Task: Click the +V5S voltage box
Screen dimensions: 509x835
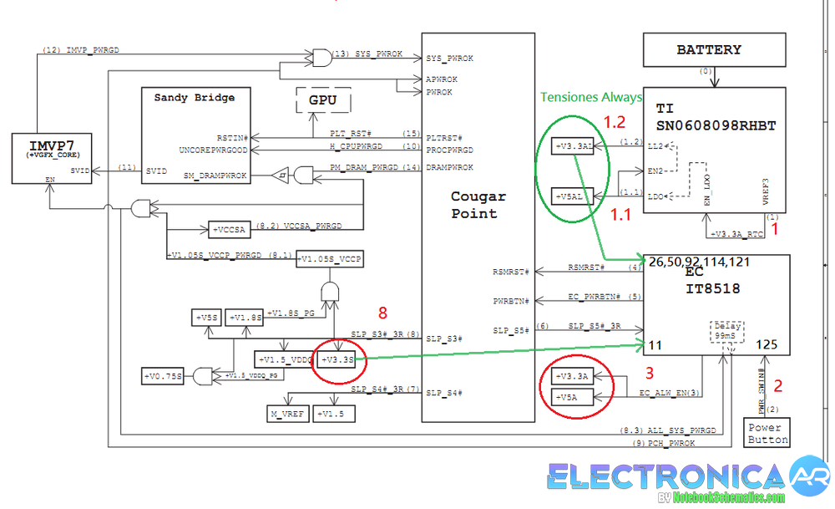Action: pos(206,318)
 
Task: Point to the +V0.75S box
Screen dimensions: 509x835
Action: pos(163,376)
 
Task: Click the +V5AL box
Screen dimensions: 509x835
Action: pos(573,196)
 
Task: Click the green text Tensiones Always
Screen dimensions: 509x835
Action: pos(591,98)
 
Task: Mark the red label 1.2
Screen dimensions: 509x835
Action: pos(615,122)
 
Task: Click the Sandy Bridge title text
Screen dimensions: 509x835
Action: pos(194,98)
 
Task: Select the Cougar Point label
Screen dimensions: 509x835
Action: pos(478,205)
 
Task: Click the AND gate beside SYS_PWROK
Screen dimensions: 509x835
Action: pos(321,57)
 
